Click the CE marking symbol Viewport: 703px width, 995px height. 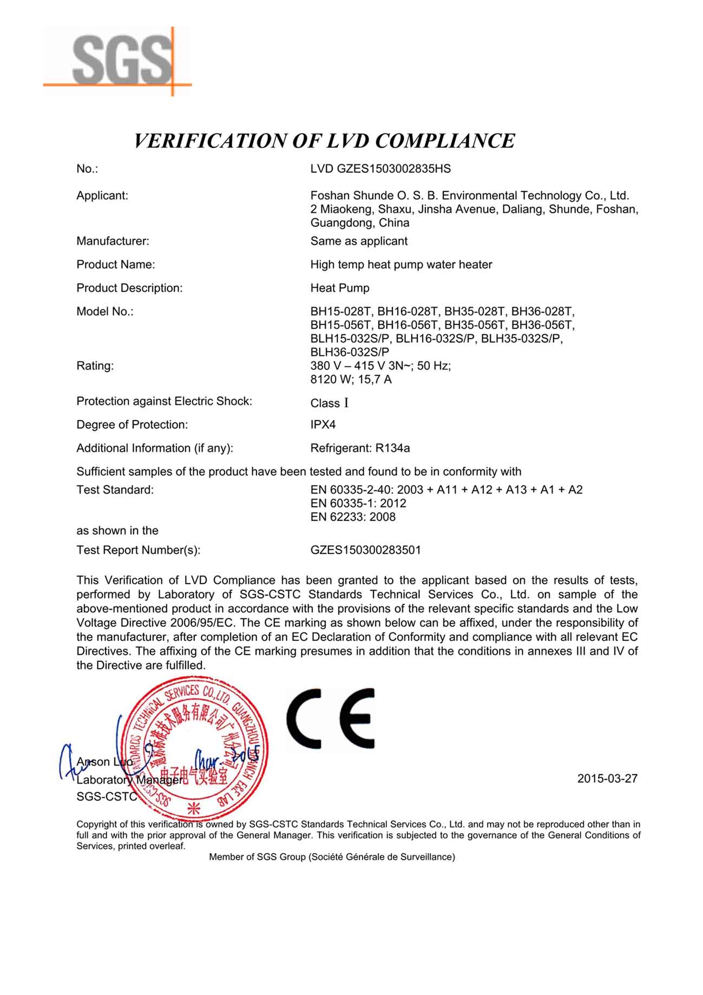[330, 718]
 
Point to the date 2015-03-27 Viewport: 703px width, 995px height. [607, 778]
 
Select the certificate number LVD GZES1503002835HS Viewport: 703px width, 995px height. [380, 169]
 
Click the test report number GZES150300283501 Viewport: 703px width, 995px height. [365, 550]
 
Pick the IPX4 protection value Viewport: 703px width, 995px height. [323, 425]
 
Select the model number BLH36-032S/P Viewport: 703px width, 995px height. [349, 352]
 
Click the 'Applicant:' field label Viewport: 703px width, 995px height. [102, 196]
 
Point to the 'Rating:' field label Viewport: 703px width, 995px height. [95, 366]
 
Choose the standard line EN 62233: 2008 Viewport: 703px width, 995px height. [353, 517]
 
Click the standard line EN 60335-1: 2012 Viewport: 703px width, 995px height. [358, 503]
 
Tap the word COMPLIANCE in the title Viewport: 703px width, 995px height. [444, 141]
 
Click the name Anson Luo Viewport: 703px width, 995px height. [104, 762]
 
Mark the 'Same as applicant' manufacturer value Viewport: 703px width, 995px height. [359, 241]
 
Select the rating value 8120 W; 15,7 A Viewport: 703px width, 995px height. [351, 379]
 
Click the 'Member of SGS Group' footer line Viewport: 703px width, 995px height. [332, 857]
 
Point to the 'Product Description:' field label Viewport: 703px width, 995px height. [129, 289]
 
